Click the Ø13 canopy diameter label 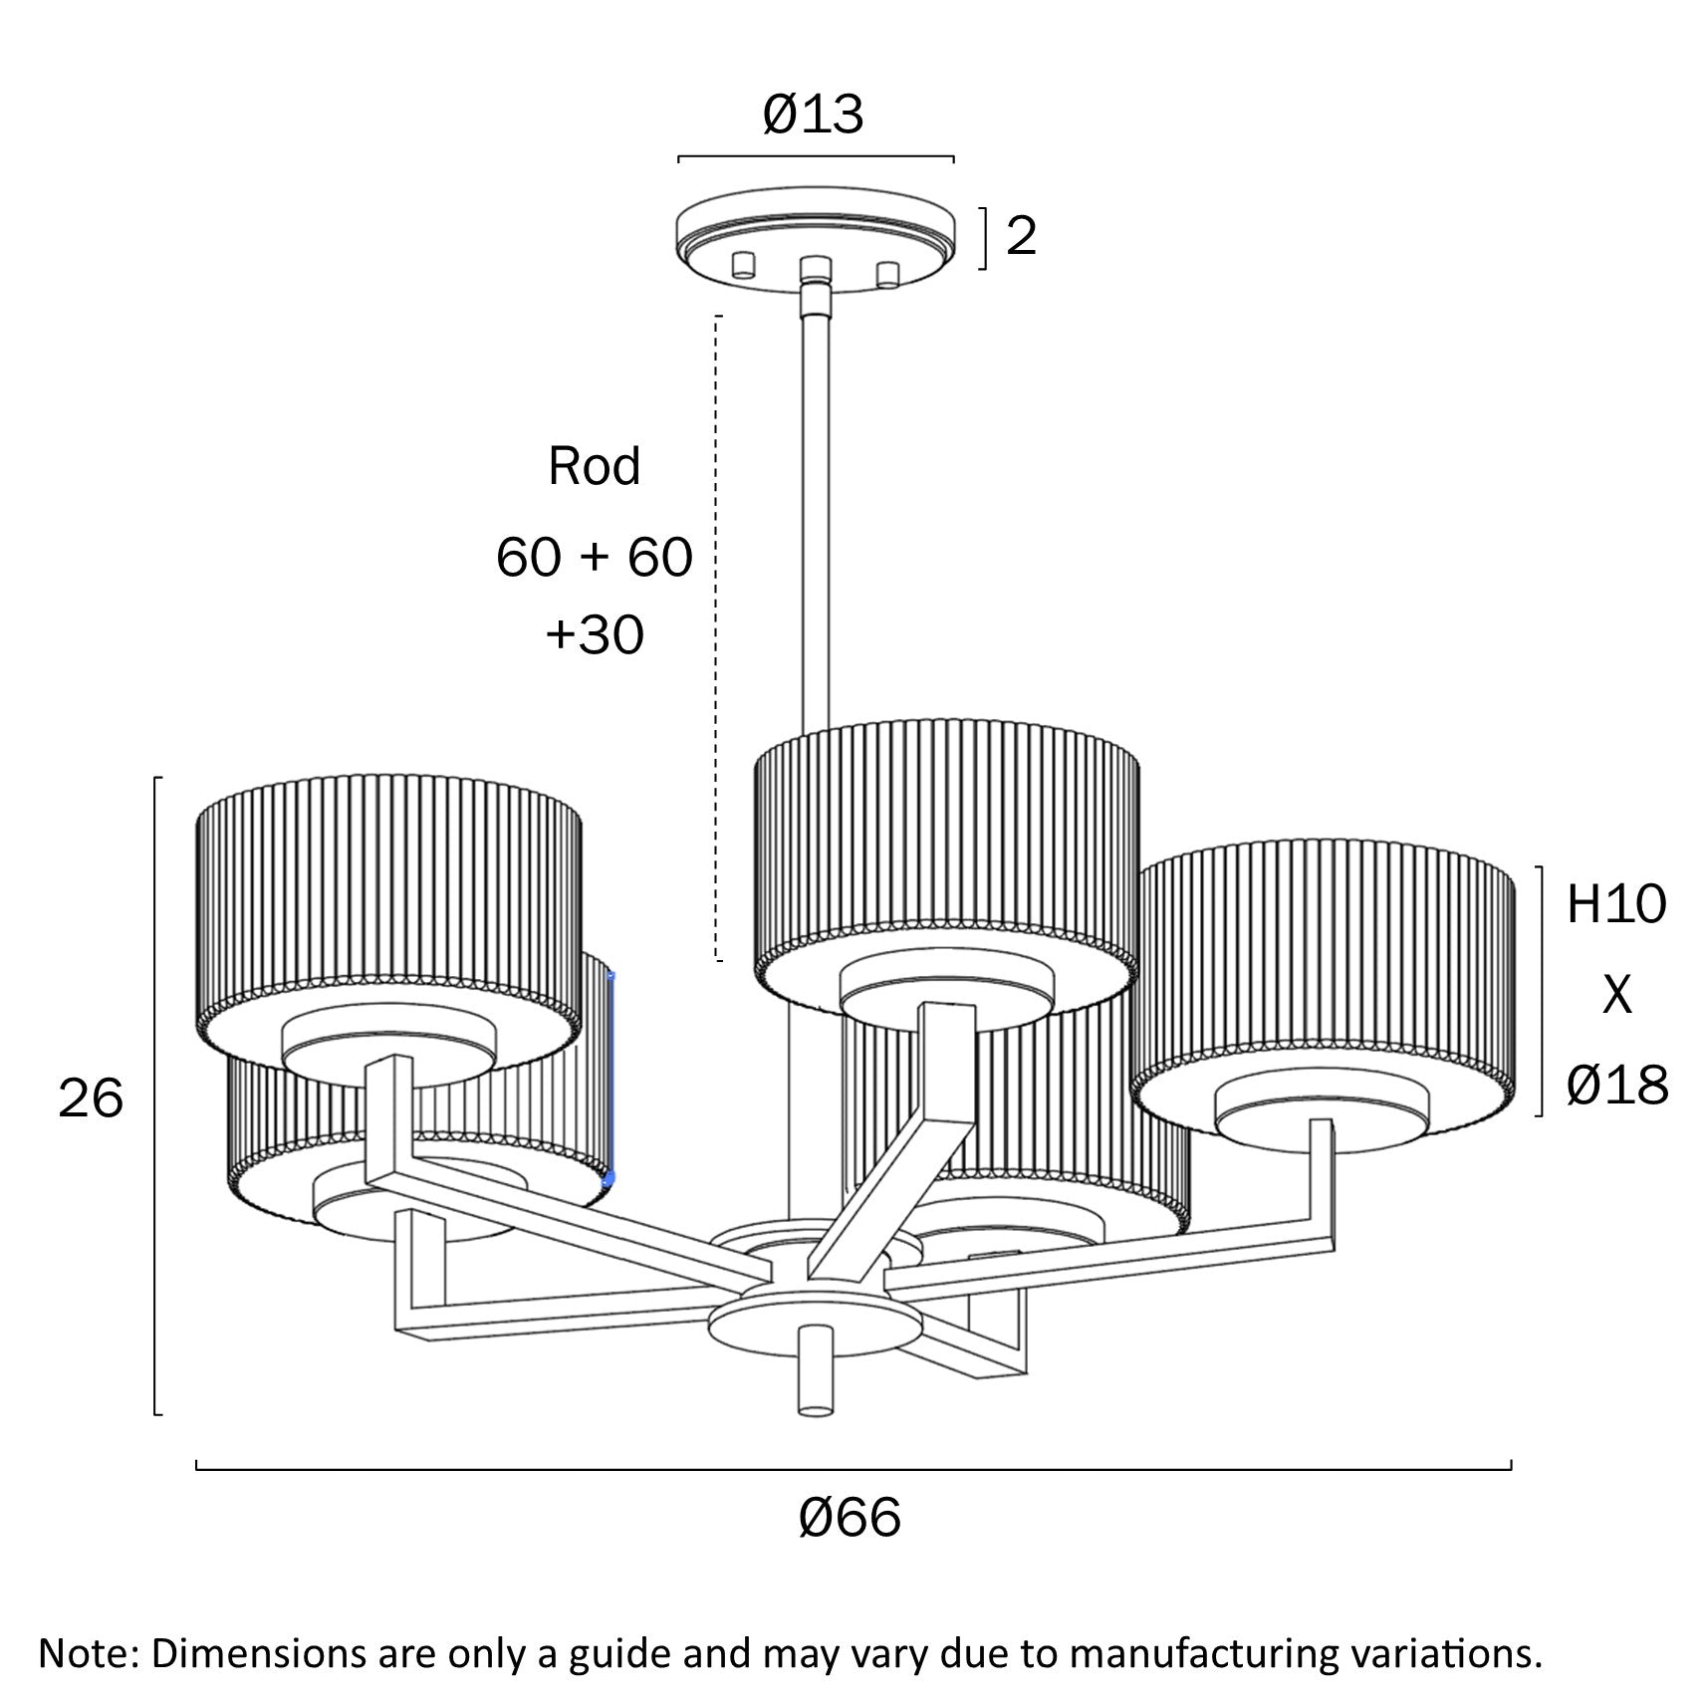813,115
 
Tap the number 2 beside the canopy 1021,236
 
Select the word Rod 594,466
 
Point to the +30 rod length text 594,634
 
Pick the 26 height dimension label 91,1098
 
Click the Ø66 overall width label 850,1518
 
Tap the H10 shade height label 1615,904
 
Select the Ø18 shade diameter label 1616,1085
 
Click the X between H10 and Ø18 1616,994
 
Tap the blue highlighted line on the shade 610,1076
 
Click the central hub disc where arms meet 815,1320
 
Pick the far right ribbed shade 1325,956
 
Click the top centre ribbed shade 946,847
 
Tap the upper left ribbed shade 388,896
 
